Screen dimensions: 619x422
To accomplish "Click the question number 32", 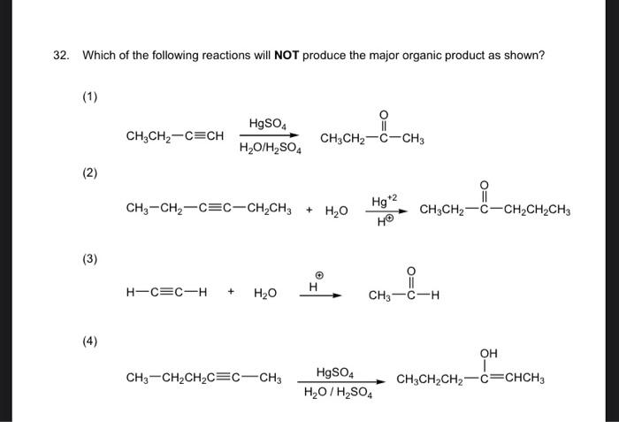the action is (60, 56).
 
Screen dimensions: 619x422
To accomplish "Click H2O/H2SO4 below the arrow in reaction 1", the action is (271, 150).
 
